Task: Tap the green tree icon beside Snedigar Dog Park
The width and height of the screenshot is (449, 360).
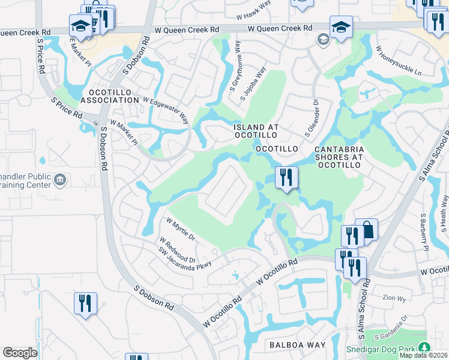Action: click(424, 348)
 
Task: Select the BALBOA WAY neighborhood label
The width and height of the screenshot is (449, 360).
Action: click(297, 345)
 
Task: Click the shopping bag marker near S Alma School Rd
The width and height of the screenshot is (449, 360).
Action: click(366, 230)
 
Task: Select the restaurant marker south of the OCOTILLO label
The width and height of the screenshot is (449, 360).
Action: click(286, 178)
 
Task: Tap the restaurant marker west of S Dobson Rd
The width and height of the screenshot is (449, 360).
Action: click(85, 303)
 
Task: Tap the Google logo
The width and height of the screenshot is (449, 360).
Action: click(20, 353)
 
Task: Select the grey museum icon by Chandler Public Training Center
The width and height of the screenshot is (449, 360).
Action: click(60, 179)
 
